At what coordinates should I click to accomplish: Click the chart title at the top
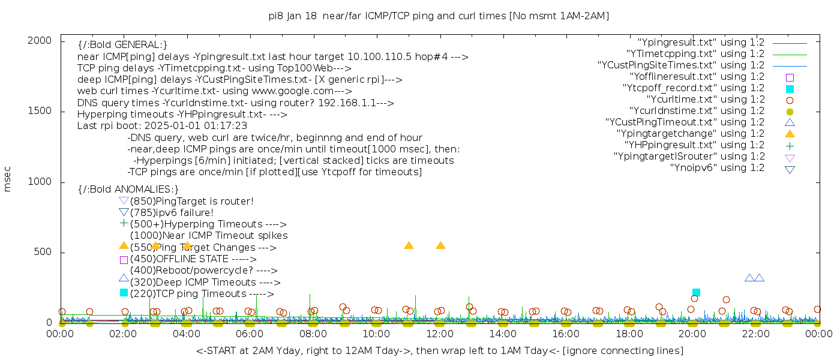pyautogui.click(x=439, y=16)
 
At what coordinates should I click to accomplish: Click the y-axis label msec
pyautogui.click(x=7, y=179)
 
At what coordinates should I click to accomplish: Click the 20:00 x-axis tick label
pyautogui.click(x=692, y=334)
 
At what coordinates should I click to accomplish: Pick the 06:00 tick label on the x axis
pyautogui.click(x=250, y=334)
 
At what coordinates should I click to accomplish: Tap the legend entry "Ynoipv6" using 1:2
pyautogui.click(x=717, y=168)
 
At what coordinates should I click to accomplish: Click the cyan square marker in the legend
pyautogui.click(x=790, y=89)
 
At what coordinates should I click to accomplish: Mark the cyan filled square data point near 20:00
pyautogui.click(x=696, y=292)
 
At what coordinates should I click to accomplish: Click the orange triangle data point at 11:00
pyautogui.click(x=409, y=245)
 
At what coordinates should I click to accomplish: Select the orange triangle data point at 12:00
pyautogui.click(x=440, y=245)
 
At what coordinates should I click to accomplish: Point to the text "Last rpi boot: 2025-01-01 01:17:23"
pyautogui.click(x=162, y=126)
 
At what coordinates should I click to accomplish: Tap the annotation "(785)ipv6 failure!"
pyautogui.click(x=172, y=213)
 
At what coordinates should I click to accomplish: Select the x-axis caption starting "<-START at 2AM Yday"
pyautogui.click(x=439, y=350)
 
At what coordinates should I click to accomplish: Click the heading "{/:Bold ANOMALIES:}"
pyautogui.click(x=128, y=190)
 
